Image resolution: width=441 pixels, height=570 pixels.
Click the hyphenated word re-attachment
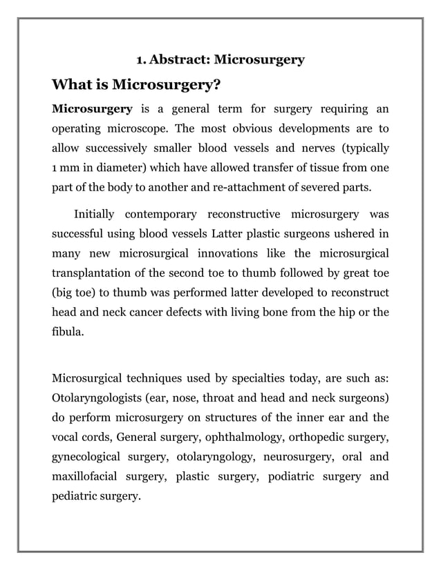pos(261,187)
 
